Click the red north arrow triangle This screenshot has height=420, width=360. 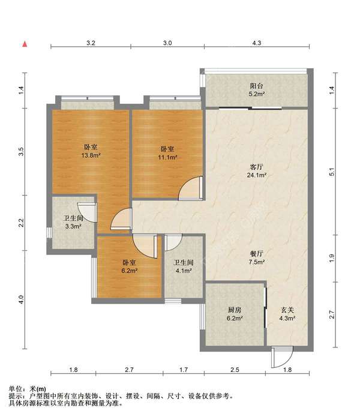pyautogui.click(x=25, y=44)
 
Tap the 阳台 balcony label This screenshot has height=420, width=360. pyautogui.click(x=256, y=86)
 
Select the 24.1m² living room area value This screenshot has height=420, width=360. pyautogui.click(x=257, y=175)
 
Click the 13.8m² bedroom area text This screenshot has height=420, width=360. pyautogui.click(x=91, y=155)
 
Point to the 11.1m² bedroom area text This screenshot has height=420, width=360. pyautogui.click(x=167, y=157)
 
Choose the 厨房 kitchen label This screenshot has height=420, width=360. pyautogui.click(x=235, y=310)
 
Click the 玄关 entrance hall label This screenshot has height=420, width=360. pyautogui.click(x=287, y=310)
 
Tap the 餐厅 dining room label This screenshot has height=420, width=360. pyautogui.click(x=256, y=253)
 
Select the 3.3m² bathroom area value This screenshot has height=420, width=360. pyautogui.click(x=73, y=227)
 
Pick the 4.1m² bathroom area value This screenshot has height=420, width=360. pyautogui.click(x=184, y=271)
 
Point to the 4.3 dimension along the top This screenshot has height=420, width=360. pyautogui.click(x=256, y=43)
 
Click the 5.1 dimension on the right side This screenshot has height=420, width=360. pyautogui.click(x=332, y=172)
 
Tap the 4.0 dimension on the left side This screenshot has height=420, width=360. pyautogui.click(x=22, y=299)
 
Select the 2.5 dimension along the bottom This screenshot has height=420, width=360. pyautogui.click(x=235, y=370)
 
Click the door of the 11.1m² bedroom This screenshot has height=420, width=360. pyautogui.click(x=191, y=188)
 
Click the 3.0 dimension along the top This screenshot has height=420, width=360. pyautogui.click(x=167, y=43)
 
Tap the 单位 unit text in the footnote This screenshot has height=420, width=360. pyautogui.click(x=16, y=389)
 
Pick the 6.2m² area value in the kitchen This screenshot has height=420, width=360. pyautogui.click(x=235, y=318)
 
